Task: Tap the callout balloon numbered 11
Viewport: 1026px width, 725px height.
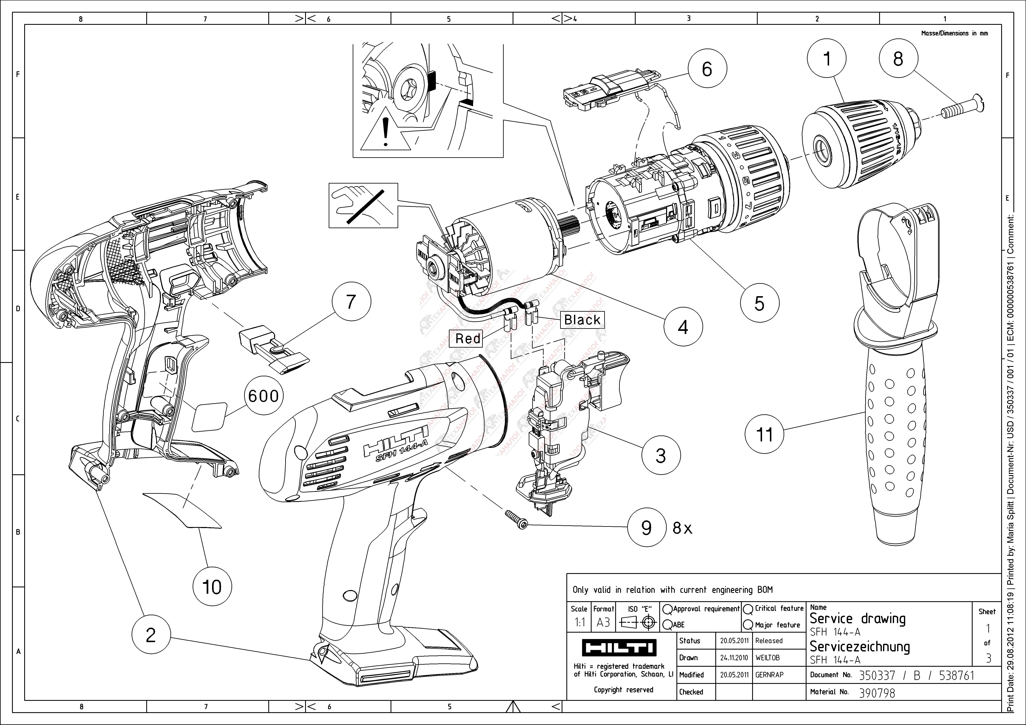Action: pyautogui.click(x=764, y=434)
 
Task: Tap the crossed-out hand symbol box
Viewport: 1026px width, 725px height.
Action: pyautogui.click(x=363, y=205)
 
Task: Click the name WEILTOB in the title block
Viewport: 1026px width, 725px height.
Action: pyautogui.click(x=768, y=658)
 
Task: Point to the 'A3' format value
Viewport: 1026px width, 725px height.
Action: pyautogui.click(x=603, y=622)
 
